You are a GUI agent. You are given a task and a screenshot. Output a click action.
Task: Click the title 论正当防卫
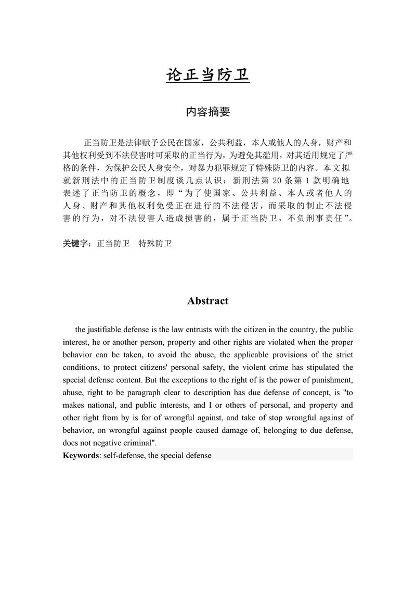[208, 75]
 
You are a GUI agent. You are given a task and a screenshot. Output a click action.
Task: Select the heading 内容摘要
[208, 112]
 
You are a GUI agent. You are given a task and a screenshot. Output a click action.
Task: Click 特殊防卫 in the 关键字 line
[155, 243]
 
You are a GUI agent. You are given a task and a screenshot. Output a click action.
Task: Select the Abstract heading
[208, 301]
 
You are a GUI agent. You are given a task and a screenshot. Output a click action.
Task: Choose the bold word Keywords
[81, 455]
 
